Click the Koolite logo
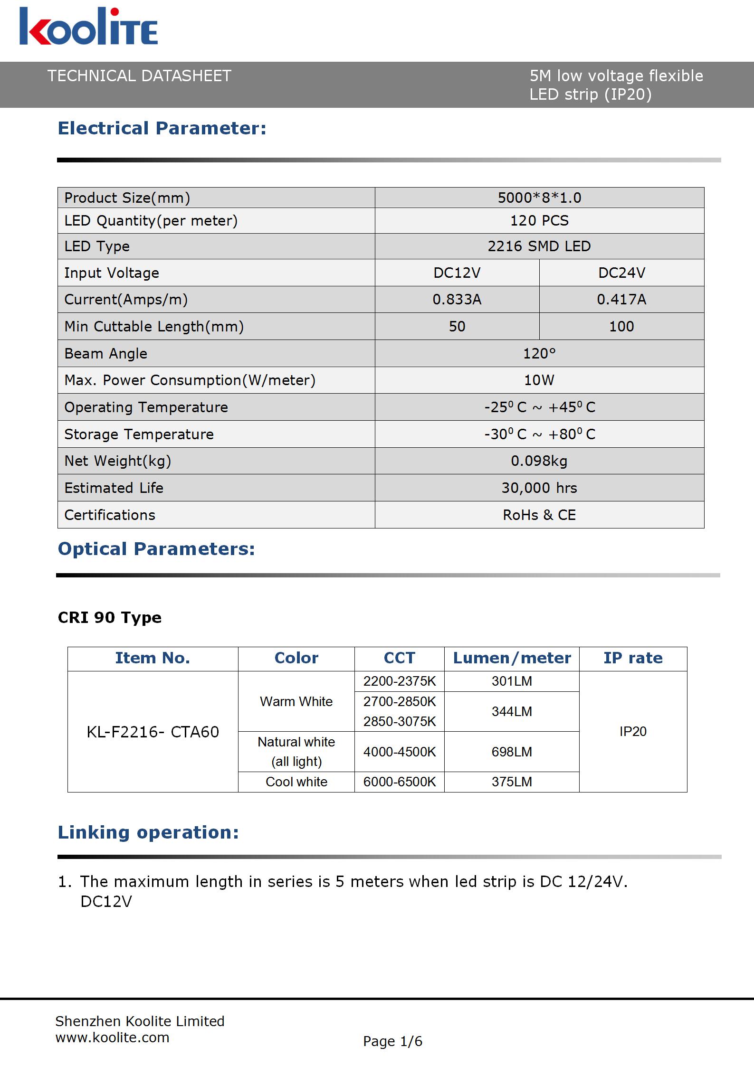(x=88, y=28)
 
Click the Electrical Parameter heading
(x=162, y=128)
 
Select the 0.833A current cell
(x=457, y=300)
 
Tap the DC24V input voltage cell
(x=621, y=273)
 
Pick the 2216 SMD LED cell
(x=539, y=246)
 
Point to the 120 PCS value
(x=539, y=221)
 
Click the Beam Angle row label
(x=106, y=354)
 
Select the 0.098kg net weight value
(x=539, y=461)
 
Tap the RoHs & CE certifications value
(x=539, y=515)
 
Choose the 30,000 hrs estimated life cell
(x=539, y=488)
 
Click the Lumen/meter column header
(x=512, y=658)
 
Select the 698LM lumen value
(x=512, y=752)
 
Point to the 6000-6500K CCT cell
(x=400, y=782)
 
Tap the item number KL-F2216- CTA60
(x=153, y=732)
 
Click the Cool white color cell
(x=296, y=782)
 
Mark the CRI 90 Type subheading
(x=110, y=617)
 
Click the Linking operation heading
(x=148, y=832)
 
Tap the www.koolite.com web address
(x=113, y=1038)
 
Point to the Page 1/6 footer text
(x=392, y=1041)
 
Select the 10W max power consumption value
(x=539, y=380)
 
